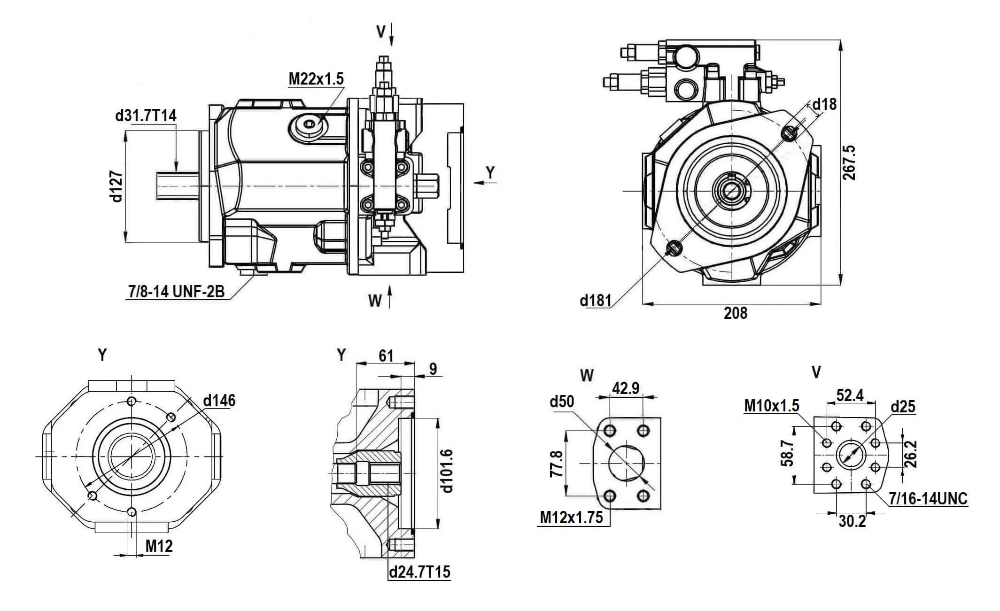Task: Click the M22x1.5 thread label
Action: [316, 79]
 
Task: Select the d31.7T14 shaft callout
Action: [146, 116]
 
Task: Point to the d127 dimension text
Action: [116, 186]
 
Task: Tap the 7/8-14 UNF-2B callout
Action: [176, 292]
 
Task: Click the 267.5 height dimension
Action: [849, 162]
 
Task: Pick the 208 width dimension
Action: [735, 313]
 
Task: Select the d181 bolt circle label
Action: [595, 300]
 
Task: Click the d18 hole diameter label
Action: [824, 104]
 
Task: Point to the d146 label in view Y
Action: [219, 401]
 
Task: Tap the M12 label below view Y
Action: [159, 546]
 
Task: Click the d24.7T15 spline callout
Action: [419, 572]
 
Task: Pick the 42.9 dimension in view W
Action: [626, 388]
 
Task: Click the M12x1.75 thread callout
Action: [571, 518]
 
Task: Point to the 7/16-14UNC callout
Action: [928, 499]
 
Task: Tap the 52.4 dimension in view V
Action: [850, 395]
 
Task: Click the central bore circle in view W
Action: [626, 463]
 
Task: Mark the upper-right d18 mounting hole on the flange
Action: [789, 133]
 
